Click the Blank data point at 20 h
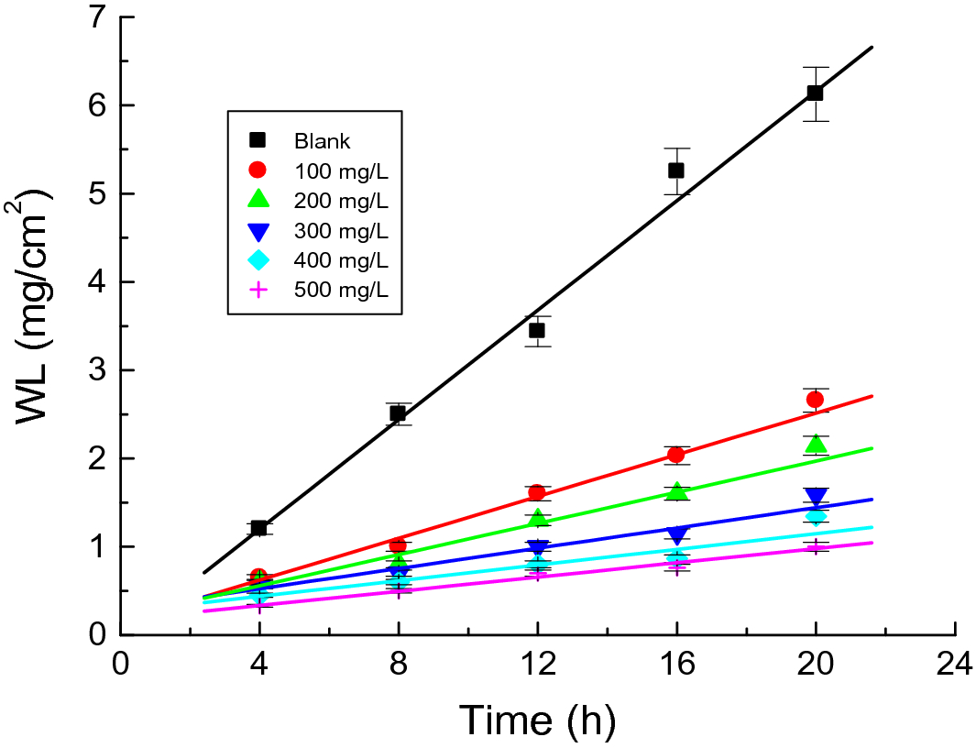815,93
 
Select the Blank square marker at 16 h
676,170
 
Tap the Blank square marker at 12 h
537,330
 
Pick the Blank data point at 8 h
398,413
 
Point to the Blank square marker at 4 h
258,528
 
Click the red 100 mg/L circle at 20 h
815,399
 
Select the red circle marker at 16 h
676,455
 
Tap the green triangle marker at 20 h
815,445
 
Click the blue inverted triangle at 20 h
815,497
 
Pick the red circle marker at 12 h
537,492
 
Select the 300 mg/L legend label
341,230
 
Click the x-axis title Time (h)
537,720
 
